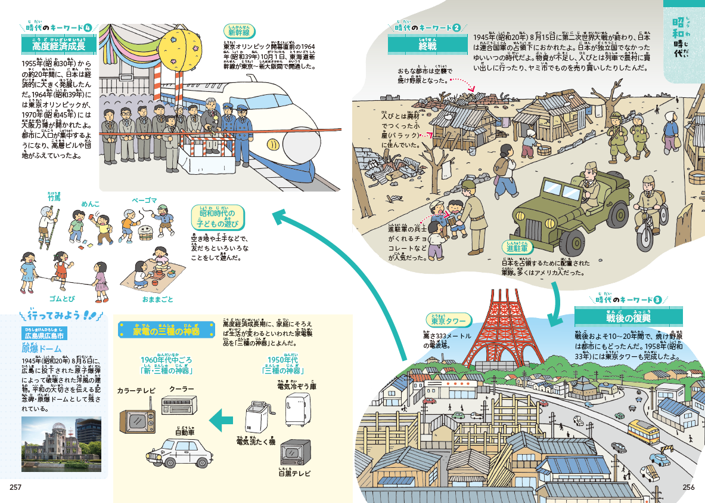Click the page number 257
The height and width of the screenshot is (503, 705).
15,487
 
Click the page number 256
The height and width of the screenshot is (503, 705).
690,487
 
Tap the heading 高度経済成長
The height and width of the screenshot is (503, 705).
58,45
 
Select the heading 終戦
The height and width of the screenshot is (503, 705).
427,45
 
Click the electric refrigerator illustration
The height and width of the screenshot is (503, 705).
297,408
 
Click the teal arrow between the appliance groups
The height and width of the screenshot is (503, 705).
225,419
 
